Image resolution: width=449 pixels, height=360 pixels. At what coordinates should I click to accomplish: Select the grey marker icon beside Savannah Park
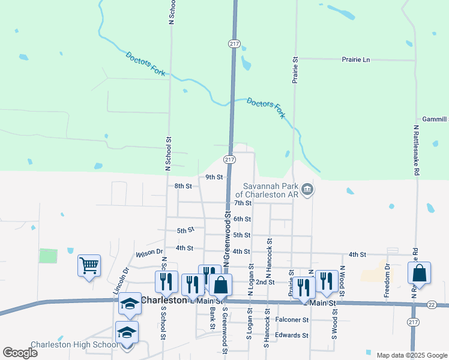click(307, 190)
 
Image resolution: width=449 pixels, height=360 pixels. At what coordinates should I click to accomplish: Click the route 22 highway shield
click(432, 305)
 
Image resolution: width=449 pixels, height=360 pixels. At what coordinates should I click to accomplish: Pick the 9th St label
click(214, 177)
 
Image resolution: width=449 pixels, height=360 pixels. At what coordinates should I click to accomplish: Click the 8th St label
click(183, 186)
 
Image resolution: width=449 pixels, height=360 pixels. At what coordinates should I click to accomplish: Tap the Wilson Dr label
click(149, 253)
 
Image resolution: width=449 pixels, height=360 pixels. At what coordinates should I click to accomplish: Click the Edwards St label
click(292, 335)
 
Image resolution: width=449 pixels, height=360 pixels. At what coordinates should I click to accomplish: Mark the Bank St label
click(212, 318)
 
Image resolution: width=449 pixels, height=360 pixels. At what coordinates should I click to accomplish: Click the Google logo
click(20, 352)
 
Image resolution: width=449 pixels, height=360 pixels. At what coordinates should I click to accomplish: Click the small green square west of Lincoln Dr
click(48, 256)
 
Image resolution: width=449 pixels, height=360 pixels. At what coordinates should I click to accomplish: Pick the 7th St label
click(259, 203)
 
